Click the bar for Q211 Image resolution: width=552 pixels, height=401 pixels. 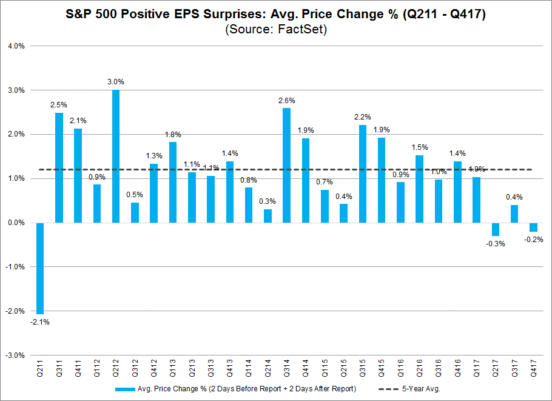pyautogui.click(x=40, y=268)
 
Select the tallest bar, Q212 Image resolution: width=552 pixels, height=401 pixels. pyautogui.click(x=116, y=156)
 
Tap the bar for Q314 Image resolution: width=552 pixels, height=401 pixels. pyautogui.click(x=286, y=165)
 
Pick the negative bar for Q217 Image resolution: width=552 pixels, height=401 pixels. pyautogui.click(x=496, y=229)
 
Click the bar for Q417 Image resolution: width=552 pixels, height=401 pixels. pyautogui.click(x=533, y=227)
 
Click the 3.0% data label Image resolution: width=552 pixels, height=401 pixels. pyautogui.click(x=116, y=81)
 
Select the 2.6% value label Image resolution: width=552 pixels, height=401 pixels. pyautogui.click(x=286, y=99)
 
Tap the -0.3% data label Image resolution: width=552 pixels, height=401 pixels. pyautogui.click(x=496, y=244)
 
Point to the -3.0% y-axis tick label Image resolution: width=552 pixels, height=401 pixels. pyautogui.click(x=14, y=355)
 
